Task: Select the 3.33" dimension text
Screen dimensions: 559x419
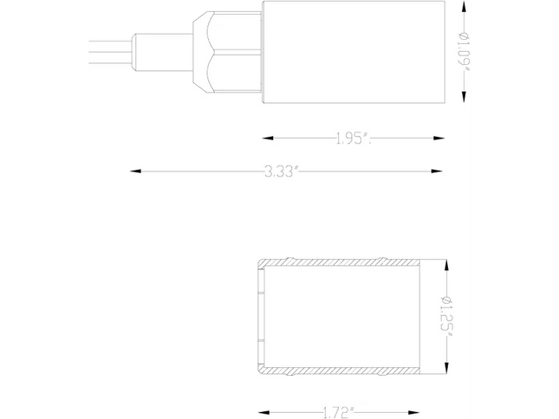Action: [281, 171]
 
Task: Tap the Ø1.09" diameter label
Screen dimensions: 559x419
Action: [464, 51]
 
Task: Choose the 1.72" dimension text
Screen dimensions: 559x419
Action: [338, 413]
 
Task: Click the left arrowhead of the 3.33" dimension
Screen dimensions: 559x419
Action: [135, 171]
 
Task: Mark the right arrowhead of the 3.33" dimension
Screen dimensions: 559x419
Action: [437, 171]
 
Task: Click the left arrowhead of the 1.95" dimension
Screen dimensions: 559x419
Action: [268, 139]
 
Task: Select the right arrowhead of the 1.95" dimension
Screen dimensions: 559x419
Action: [439, 139]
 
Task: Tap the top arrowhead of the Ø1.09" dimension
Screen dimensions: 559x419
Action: [464, 6]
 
